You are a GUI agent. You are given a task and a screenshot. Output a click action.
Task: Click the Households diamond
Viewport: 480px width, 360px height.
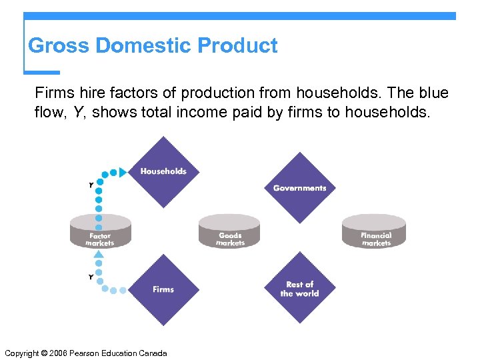[163, 172]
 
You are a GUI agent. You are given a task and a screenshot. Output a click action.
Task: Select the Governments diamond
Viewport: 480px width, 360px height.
[299, 188]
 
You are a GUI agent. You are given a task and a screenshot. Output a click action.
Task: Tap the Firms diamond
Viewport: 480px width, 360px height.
[163, 289]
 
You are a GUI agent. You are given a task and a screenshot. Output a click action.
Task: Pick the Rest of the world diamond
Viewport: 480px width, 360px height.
[299, 289]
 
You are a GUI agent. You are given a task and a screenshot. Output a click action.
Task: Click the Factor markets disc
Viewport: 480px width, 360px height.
[100, 231]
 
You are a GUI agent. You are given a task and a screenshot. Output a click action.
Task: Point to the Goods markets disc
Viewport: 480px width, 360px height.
[231, 231]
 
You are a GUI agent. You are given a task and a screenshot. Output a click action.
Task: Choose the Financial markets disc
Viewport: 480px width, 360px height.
[375, 231]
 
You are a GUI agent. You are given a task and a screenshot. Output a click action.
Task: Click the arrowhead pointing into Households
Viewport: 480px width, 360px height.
[123, 172]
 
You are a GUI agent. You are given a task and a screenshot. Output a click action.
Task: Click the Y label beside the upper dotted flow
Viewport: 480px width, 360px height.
[91, 185]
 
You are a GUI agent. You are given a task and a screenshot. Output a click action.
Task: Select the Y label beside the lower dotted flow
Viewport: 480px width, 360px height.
[91, 277]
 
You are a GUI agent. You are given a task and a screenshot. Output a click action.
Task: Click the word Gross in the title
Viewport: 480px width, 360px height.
[59, 46]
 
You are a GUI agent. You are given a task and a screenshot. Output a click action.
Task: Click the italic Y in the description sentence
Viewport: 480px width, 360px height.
[78, 113]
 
